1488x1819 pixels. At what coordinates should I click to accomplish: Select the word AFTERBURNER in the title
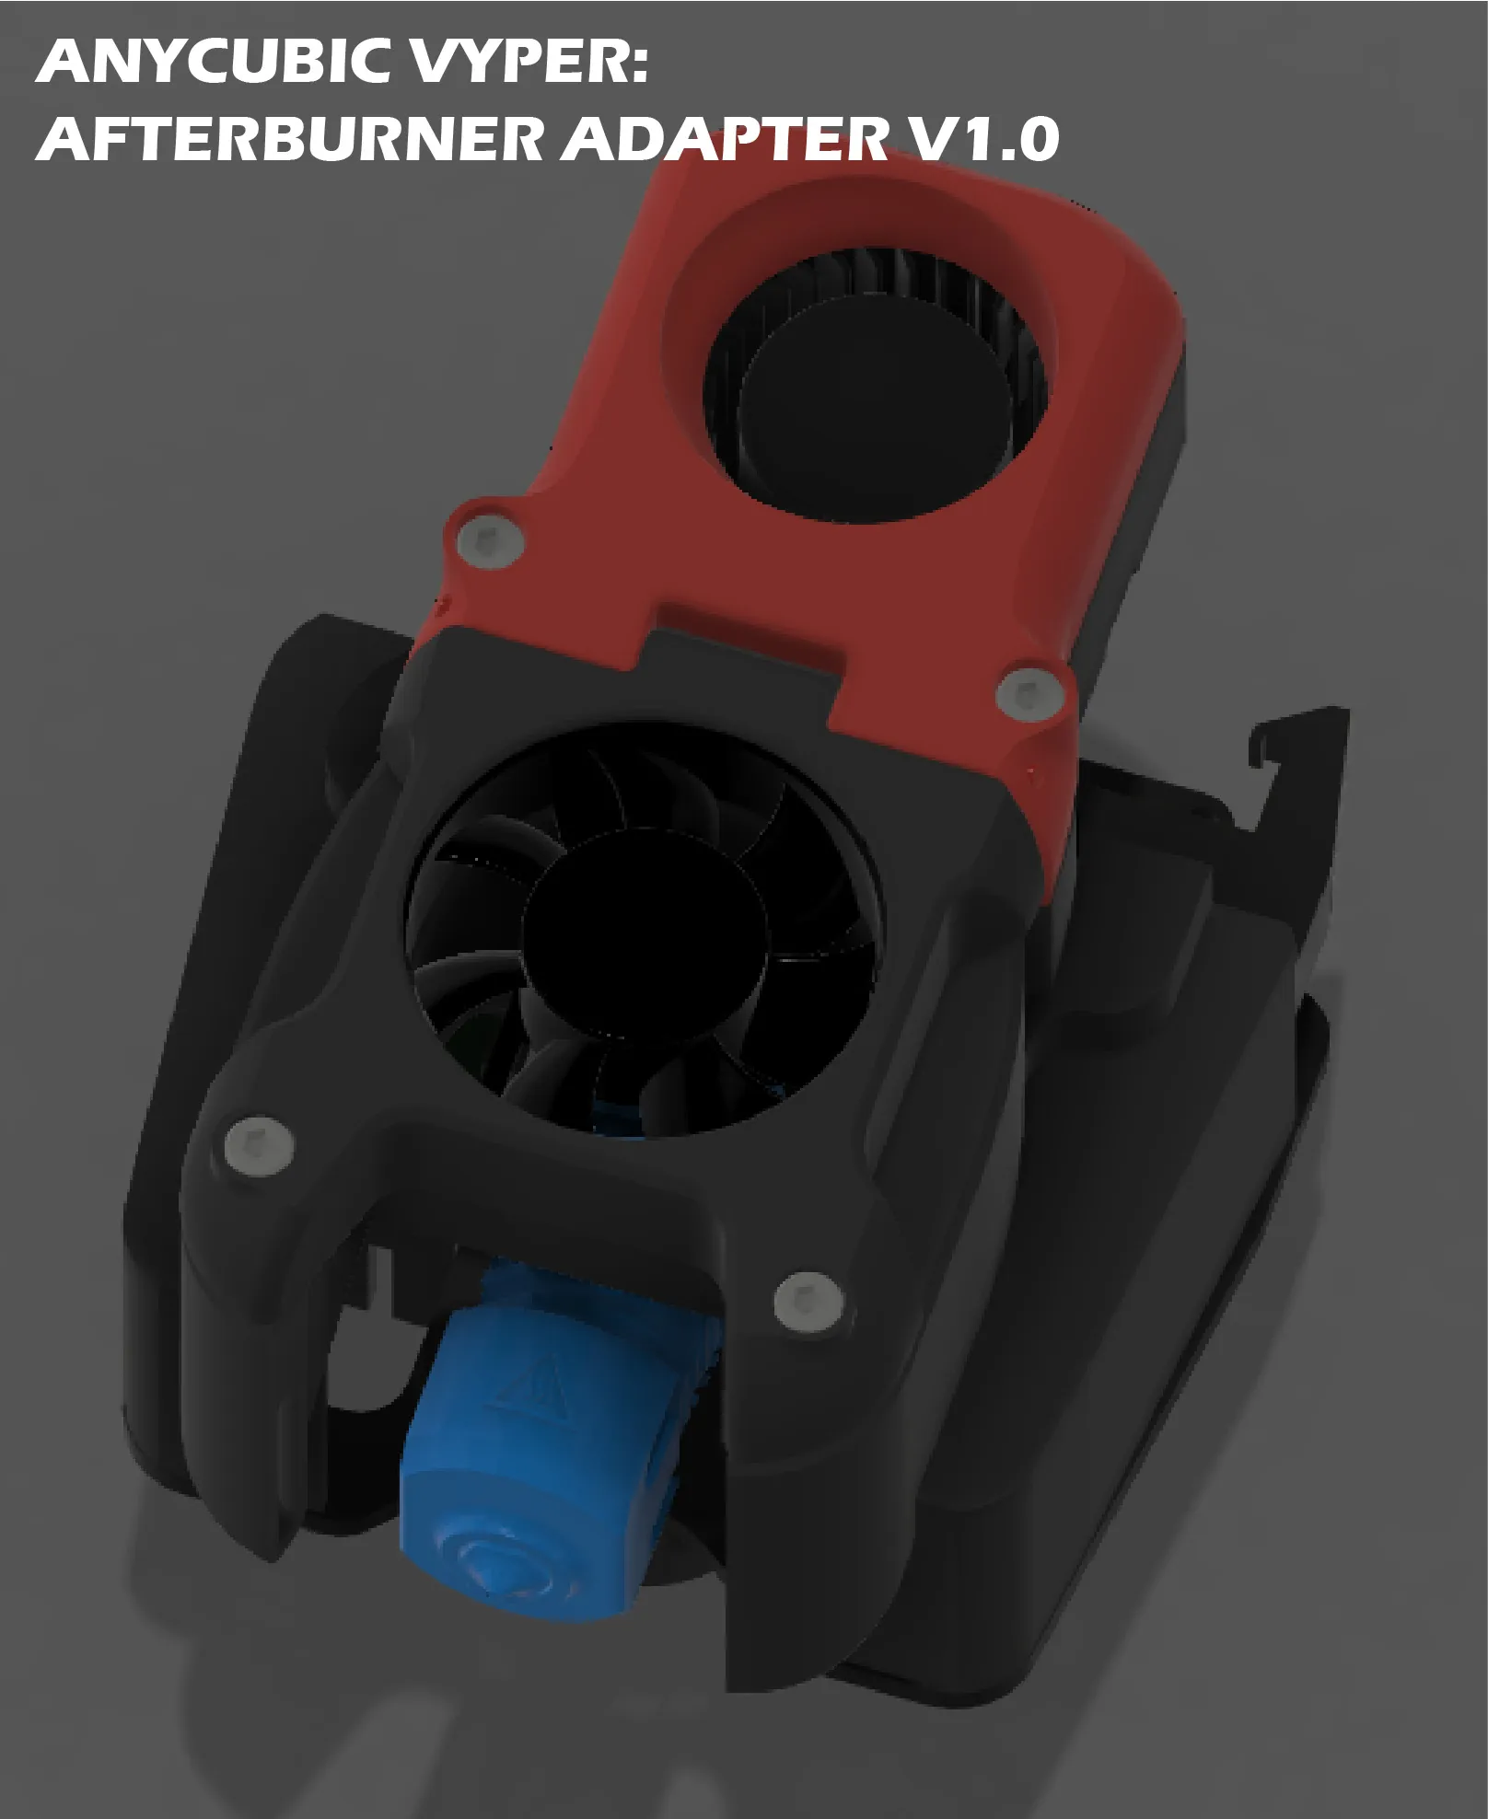coord(290,139)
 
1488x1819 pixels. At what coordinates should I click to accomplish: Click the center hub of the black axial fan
coord(645,930)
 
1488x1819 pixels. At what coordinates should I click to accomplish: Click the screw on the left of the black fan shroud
coord(259,1146)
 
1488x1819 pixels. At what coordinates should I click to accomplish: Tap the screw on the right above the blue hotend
coord(808,1300)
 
